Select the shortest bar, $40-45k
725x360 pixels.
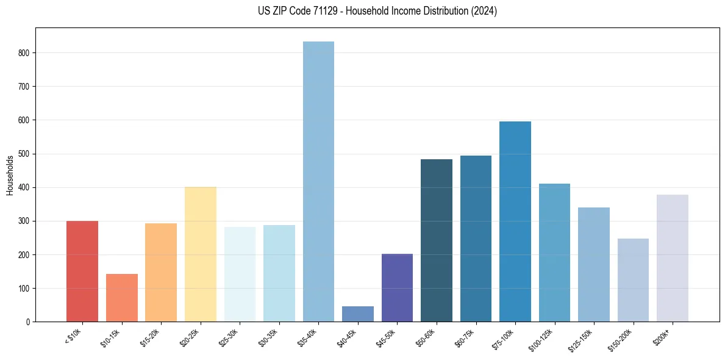358,314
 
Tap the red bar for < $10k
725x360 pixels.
82,271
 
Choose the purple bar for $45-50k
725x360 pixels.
397,287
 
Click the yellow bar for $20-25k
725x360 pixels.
201,254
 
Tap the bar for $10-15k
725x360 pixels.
122,298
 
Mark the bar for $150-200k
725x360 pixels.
633,280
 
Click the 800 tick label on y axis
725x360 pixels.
24,53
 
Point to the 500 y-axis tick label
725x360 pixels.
24,154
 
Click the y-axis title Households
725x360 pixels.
10,175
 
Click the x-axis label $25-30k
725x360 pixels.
229,337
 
